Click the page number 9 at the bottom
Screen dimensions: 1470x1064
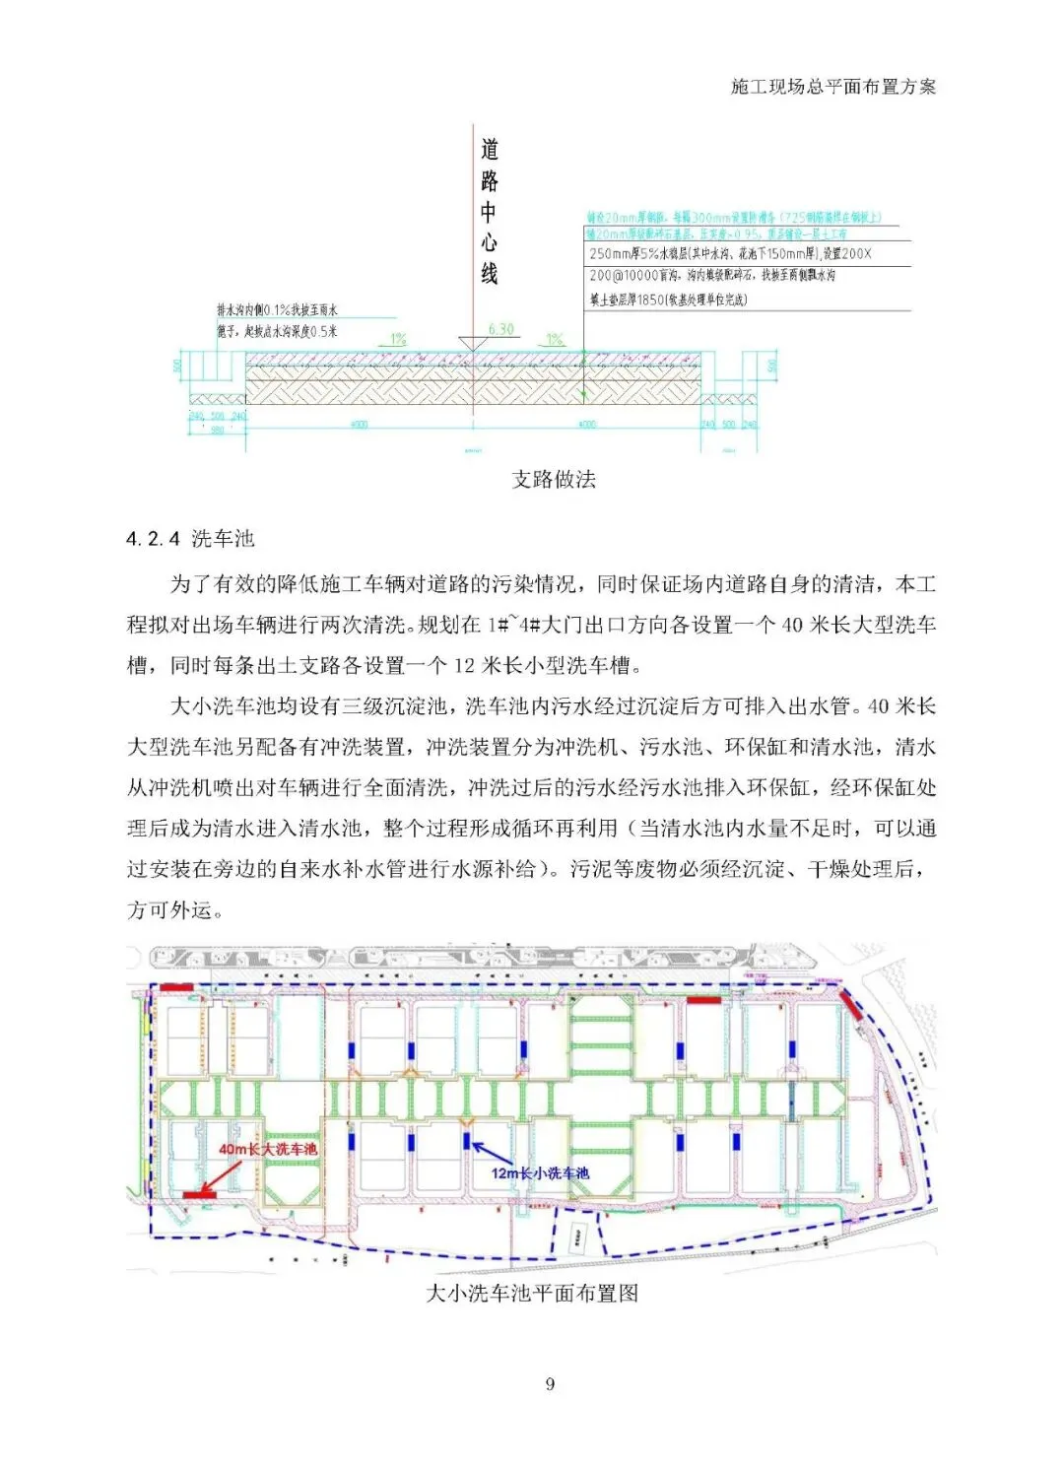tap(550, 1384)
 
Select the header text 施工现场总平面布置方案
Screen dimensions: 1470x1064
tap(833, 87)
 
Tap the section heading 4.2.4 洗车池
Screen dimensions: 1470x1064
tap(191, 539)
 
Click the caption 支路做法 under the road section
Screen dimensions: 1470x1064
tap(554, 480)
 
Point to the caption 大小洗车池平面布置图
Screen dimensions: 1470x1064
tap(532, 1293)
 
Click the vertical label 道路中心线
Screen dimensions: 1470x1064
tap(490, 211)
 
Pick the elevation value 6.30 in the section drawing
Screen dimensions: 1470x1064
tap(500, 329)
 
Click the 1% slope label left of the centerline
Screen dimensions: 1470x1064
tap(398, 338)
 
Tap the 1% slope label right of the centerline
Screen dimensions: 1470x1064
tap(555, 338)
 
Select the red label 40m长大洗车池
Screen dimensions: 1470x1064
tap(268, 1149)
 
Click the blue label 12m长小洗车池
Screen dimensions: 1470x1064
tap(540, 1172)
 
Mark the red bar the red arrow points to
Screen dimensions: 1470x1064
tap(200, 1195)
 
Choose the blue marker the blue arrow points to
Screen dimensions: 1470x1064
tap(466, 1140)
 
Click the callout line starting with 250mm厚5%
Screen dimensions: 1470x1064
tap(730, 254)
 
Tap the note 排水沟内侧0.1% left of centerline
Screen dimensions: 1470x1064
tap(277, 310)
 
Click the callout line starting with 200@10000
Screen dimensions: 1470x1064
tap(712, 276)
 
